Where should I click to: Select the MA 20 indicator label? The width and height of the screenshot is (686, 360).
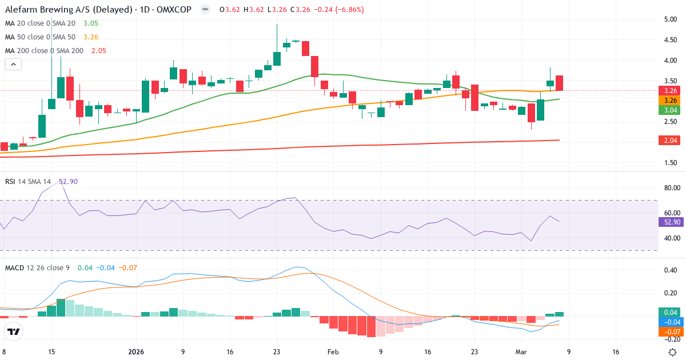point(40,23)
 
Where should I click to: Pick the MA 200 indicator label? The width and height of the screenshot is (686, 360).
point(42,50)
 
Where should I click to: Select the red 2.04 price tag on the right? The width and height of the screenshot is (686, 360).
point(669,141)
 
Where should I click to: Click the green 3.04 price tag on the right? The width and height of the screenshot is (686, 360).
point(669,110)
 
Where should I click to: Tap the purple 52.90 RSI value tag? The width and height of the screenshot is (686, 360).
point(669,222)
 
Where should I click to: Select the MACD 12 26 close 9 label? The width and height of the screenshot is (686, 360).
point(38,267)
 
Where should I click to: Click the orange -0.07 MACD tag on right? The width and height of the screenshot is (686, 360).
point(669,331)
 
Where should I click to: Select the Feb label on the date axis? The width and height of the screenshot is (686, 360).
point(333,352)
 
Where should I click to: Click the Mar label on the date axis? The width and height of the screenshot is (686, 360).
point(521,352)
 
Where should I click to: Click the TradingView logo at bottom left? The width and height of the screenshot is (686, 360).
point(14,331)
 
